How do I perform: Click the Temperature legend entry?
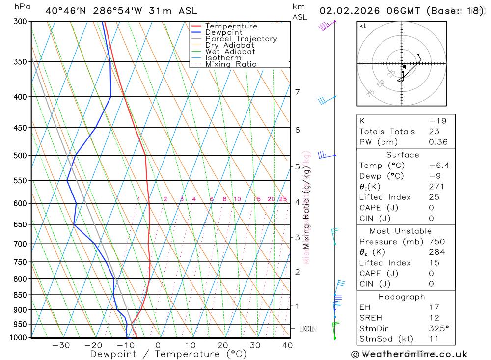[x=231, y=26]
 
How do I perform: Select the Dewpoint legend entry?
[x=223, y=32]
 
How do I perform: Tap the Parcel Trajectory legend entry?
[x=241, y=39]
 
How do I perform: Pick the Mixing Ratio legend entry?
[x=231, y=64]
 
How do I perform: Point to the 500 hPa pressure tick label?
[x=21, y=156]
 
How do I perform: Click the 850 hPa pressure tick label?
[x=21, y=295]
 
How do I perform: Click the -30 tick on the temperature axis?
[x=61, y=345]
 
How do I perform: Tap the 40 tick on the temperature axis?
[x=288, y=345]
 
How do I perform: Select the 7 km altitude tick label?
[x=297, y=92]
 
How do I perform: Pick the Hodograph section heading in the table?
[x=402, y=297]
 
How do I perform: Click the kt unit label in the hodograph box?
[x=363, y=26]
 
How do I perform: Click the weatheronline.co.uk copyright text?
[x=409, y=354]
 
